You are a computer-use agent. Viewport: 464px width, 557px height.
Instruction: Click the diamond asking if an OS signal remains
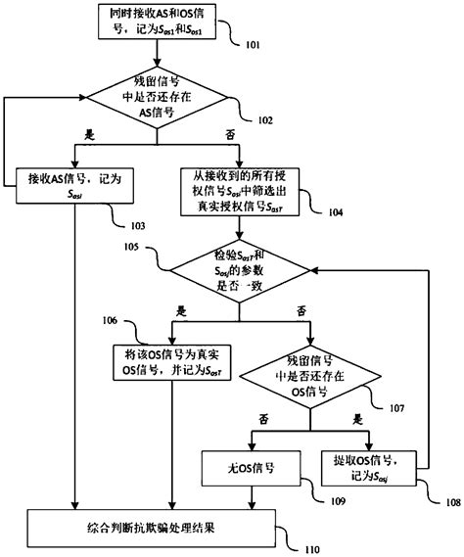click(x=309, y=379)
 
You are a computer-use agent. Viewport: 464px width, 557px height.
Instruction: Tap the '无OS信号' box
click(x=251, y=468)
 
